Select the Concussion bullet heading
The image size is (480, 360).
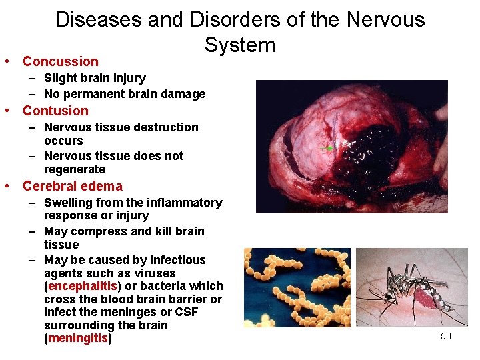tap(60, 61)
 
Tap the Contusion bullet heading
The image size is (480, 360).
tap(55, 111)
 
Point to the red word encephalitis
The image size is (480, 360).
tap(81, 286)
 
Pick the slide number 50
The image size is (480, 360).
tap(446, 336)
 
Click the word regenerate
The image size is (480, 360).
tap(75, 169)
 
